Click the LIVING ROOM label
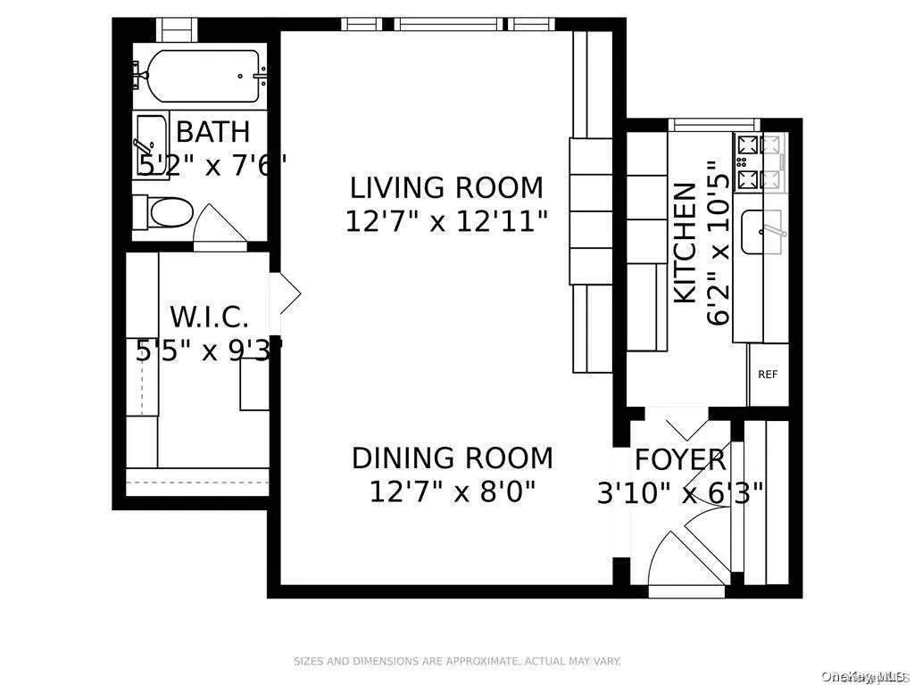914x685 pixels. point(445,188)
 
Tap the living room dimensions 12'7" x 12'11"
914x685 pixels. point(445,220)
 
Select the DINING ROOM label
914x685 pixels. point(452,458)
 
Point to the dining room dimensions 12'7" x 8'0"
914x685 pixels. point(452,491)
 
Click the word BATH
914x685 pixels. point(212,132)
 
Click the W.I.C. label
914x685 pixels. point(209,317)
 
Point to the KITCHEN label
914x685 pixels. point(685,243)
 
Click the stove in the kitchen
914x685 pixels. point(757,162)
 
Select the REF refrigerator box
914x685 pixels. point(768,375)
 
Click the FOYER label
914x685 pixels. point(680,460)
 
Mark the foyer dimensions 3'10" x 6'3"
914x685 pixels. point(680,492)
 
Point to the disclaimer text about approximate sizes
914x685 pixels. point(457,661)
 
